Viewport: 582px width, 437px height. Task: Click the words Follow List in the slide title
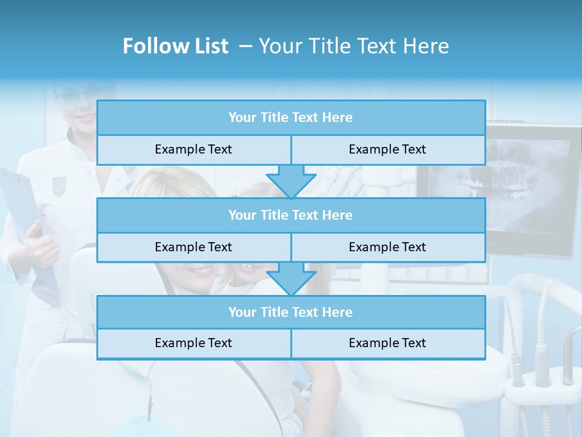(175, 46)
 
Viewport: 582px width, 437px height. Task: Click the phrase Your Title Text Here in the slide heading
(353, 46)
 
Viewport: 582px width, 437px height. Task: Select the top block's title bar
(291, 117)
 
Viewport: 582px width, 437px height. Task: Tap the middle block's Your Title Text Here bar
(291, 215)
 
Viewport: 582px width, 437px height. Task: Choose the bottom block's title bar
(291, 312)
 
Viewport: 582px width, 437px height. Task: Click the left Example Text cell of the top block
(193, 149)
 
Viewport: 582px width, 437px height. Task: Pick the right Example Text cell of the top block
(388, 149)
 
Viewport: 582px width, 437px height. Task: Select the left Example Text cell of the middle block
(193, 247)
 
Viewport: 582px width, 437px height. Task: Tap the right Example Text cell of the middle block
(388, 247)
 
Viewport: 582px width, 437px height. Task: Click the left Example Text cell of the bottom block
(193, 343)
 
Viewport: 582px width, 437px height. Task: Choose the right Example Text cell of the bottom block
(388, 343)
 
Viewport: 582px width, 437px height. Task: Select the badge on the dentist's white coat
(59, 185)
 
